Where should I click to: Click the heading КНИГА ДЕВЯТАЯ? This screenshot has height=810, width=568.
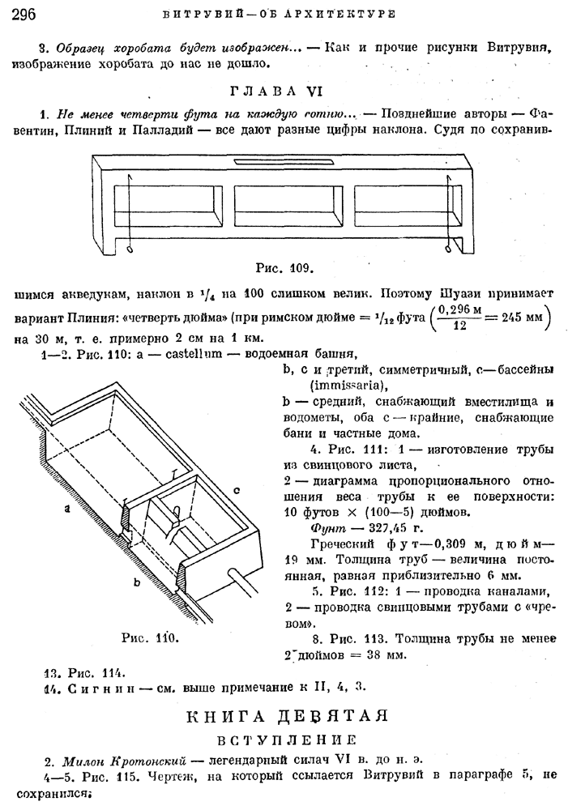pos(288,716)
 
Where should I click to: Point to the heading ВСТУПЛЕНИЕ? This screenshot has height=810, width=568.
pos(287,740)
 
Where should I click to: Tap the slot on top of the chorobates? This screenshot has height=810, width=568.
pos(267,162)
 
